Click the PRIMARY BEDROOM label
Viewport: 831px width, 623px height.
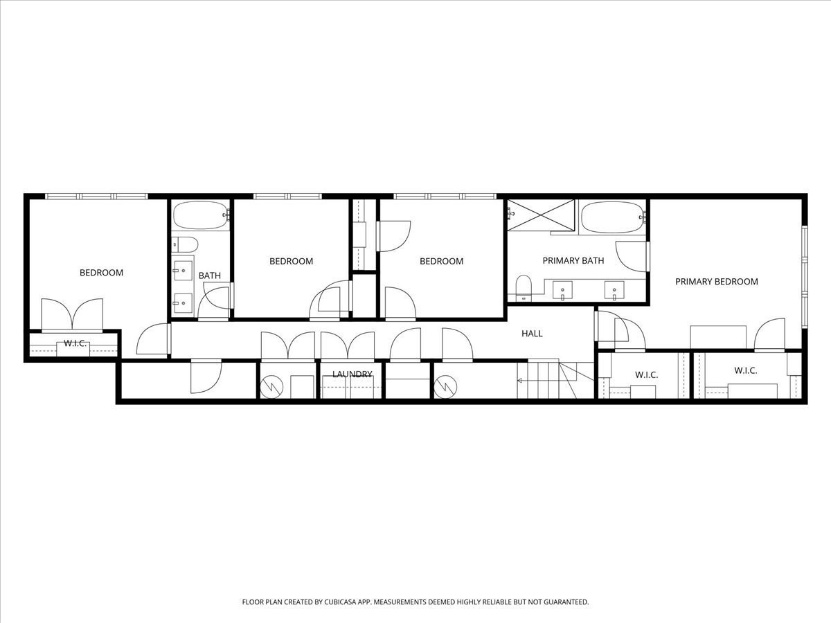click(x=716, y=282)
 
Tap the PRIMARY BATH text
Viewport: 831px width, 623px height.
click(x=573, y=261)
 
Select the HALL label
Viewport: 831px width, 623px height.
click(x=532, y=334)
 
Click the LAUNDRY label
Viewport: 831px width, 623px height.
click(x=352, y=374)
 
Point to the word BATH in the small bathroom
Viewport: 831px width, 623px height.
click(x=210, y=276)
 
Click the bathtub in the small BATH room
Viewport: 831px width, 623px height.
click(x=200, y=216)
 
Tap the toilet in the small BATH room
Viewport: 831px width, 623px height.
click(x=184, y=244)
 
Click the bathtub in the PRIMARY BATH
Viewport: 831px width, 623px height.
click(x=612, y=216)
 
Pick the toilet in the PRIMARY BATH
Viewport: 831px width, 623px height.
click(x=523, y=285)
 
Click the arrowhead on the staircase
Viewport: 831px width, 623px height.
click(x=519, y=380)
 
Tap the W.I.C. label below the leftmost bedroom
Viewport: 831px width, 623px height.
click(x=75, y=343)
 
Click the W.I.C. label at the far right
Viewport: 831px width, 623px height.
click(x=745, y=371)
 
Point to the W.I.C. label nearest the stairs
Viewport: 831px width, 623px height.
click(x=646, y=375)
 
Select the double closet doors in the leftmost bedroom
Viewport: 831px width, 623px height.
click(x=72, y=315)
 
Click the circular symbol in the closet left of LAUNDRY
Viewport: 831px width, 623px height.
click(x=271, y=386)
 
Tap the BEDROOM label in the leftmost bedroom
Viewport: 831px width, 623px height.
click(x=101, y=273)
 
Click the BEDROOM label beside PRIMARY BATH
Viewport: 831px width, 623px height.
click(x=441, y=262)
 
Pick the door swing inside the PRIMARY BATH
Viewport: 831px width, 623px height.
click(x=630, y=256)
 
